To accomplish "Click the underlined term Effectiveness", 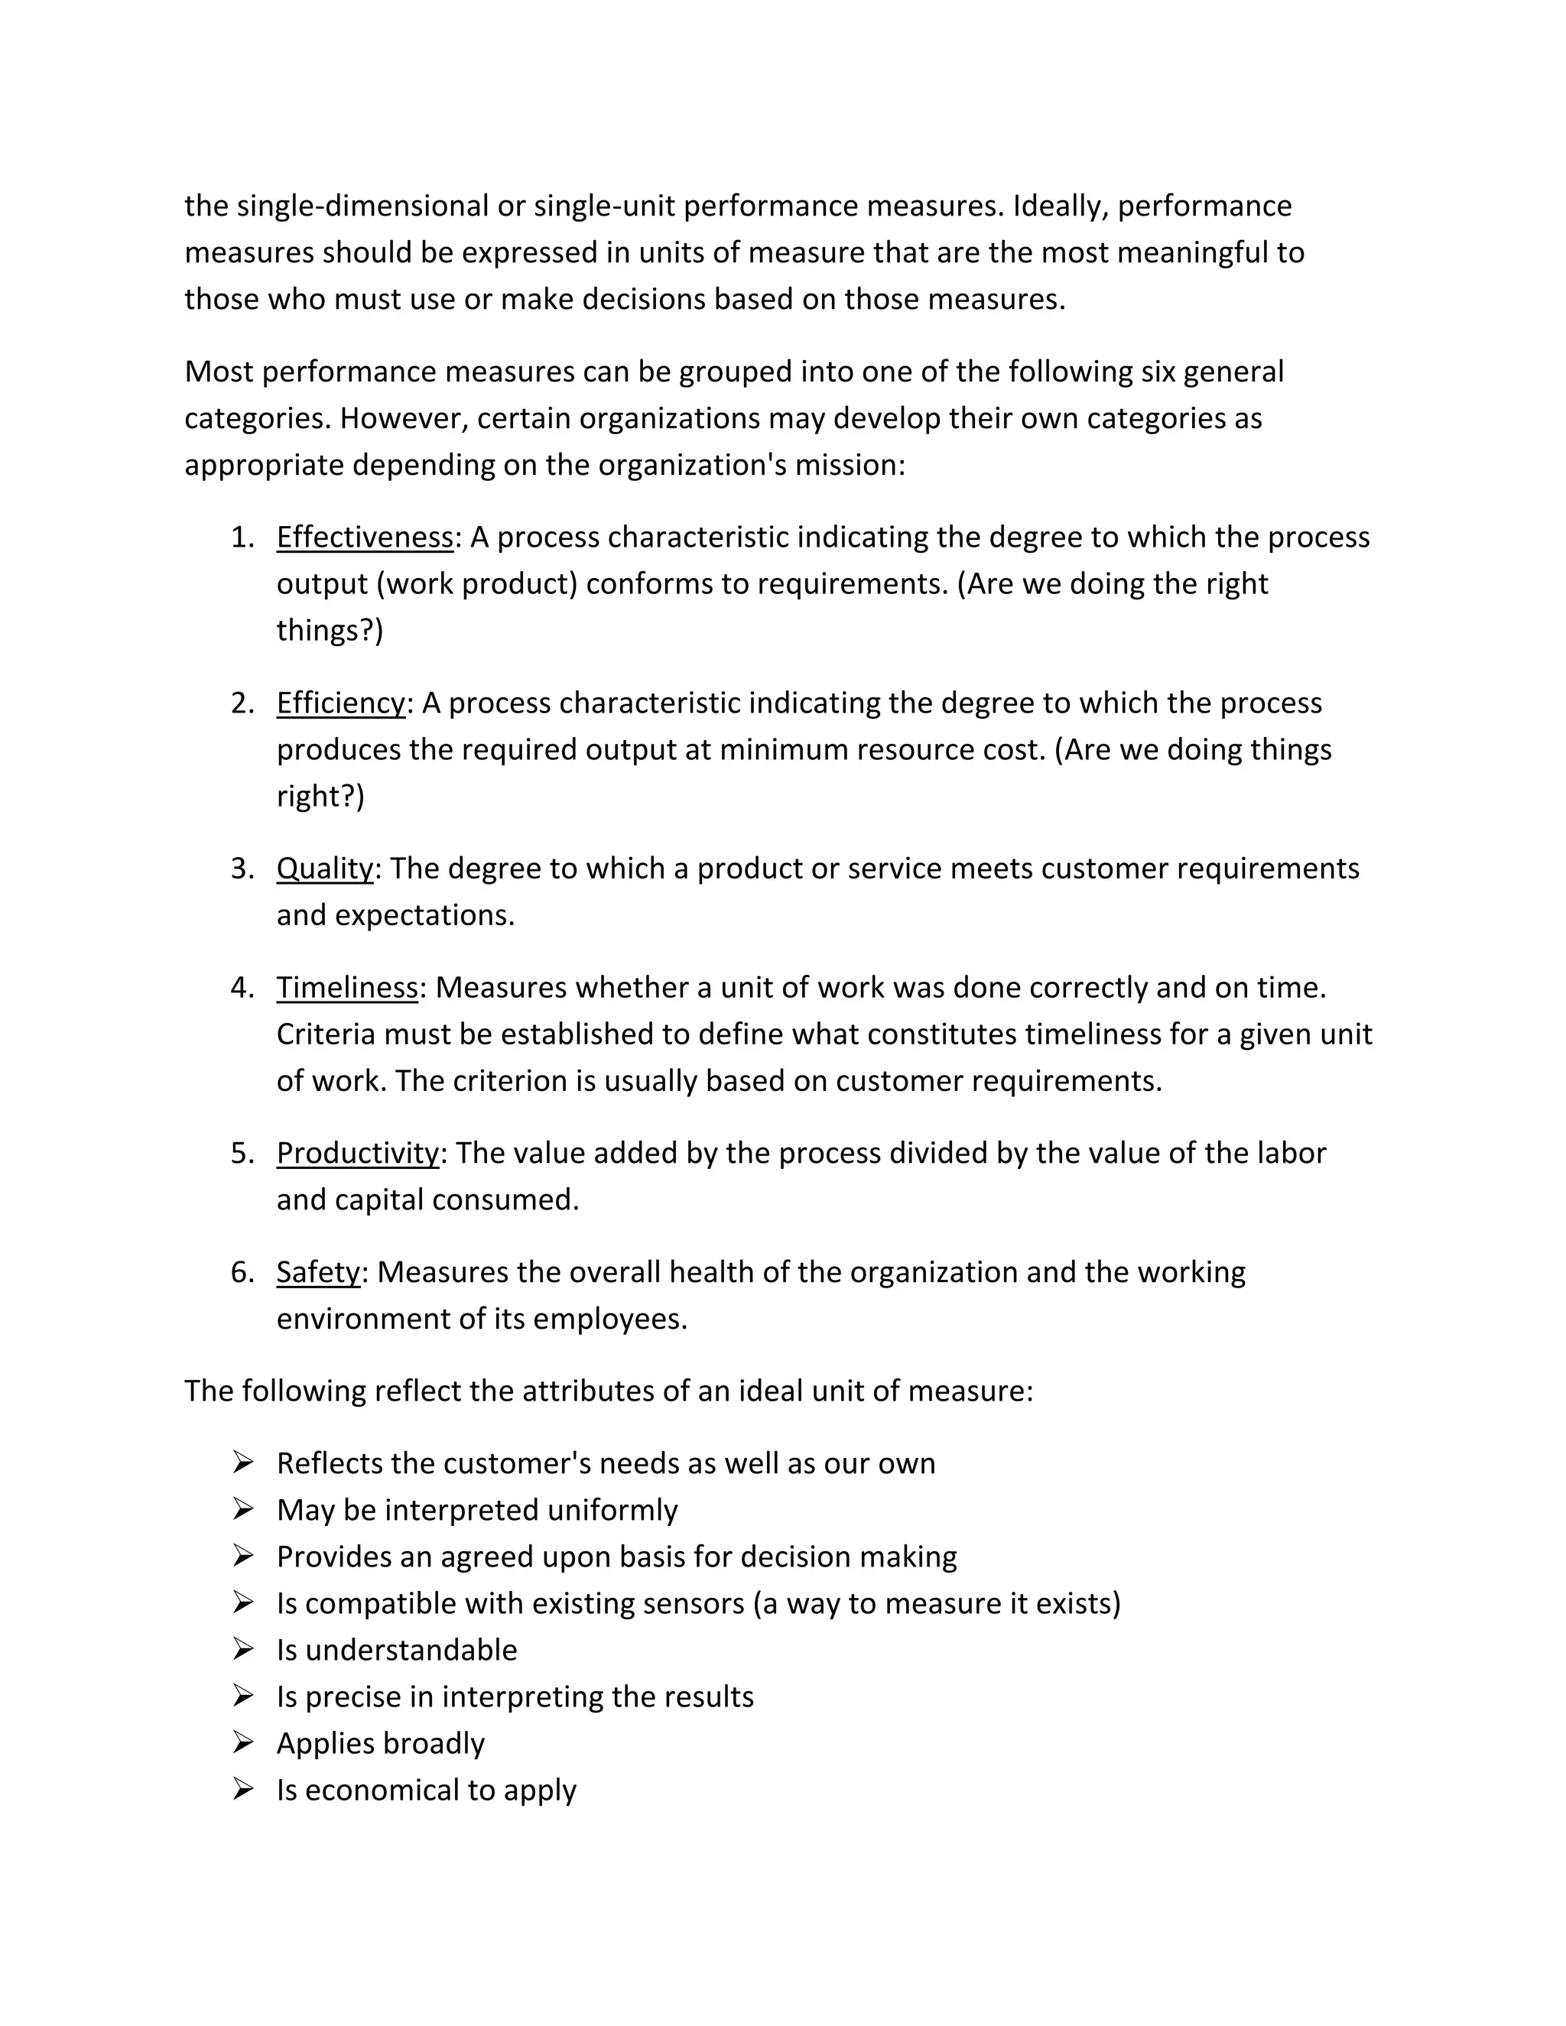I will [365, 537].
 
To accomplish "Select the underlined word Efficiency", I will [340, 703].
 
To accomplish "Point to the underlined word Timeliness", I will [347, 987].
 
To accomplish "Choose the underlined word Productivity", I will [357, 1153].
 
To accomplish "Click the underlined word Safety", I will [317, 1272].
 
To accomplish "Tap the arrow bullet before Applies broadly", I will [243, 1743].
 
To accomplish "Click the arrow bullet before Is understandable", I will [243, 1649].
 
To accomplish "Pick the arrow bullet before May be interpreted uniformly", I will [243, 1509].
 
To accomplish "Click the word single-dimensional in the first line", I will [362, 206].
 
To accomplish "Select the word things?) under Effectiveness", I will [330, 631].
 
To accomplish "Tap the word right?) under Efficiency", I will [320, 797].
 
